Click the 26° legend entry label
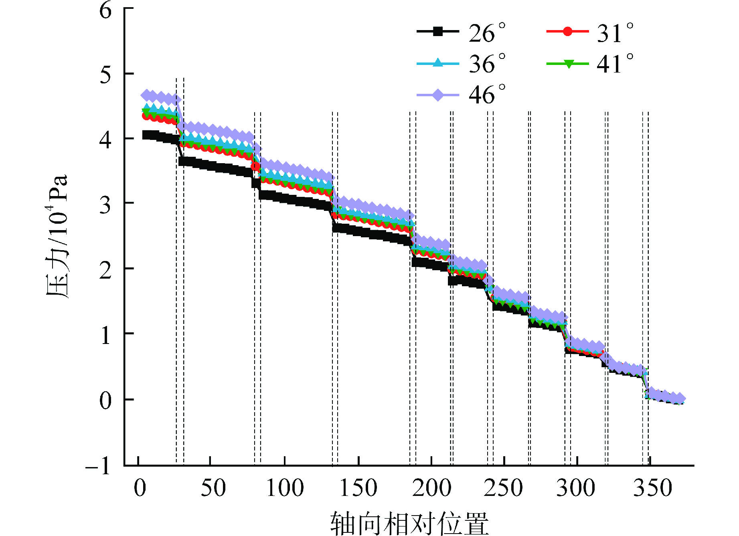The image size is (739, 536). point(487,33)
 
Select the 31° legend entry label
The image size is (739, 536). point(615,33)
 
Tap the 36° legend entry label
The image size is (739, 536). point(487,64)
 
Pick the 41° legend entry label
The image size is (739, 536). point(615,64)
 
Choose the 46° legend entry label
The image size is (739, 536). point(487,95)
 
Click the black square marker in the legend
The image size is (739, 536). point(438,31)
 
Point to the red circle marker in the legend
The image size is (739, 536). point(567,31)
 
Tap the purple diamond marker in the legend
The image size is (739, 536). point(438,95)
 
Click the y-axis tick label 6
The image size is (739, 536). point(105,10)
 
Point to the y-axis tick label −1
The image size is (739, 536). point(99,466)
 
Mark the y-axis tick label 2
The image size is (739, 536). point(105,270)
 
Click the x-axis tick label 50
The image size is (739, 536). point(213,488)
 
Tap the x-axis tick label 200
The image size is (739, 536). point(431,488)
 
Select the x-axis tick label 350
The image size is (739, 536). point(652,488)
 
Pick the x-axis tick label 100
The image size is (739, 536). point(285,488)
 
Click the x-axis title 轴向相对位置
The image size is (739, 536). point(409,523)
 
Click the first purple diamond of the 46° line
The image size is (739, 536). point(147,95)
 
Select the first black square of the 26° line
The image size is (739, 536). point(147,135)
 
